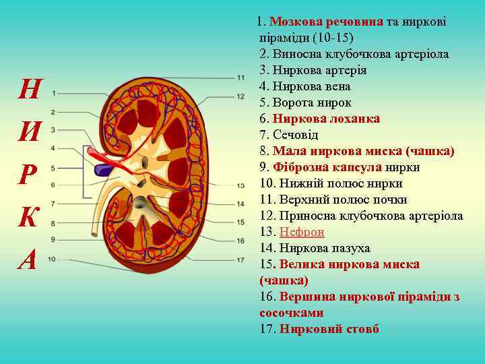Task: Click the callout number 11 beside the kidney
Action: point(240,78)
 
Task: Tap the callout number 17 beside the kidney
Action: point(240,260)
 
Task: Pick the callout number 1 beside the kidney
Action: point(53,95)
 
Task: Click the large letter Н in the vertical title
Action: point(29,89)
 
